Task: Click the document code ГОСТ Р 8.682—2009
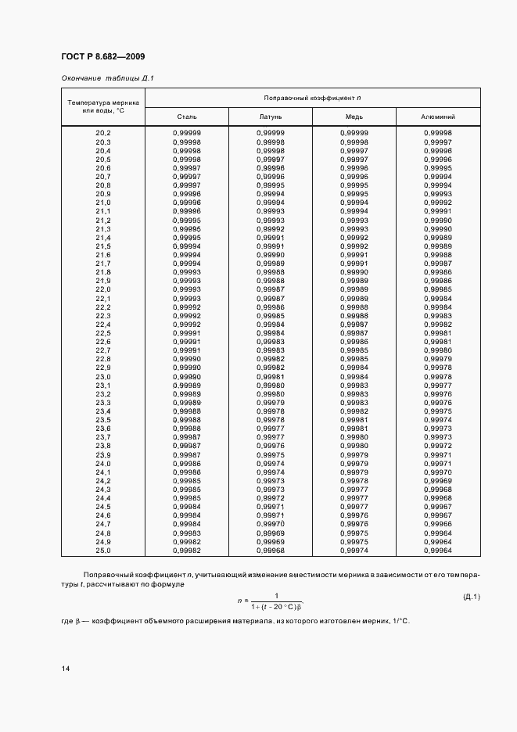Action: click(102, 56)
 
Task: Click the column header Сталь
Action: click(187, 117)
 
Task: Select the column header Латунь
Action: click(270, 117)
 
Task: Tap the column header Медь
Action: click(354, 117)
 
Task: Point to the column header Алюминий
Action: click(438, 117)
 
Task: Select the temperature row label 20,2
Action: click(103, 134)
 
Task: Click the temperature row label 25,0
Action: click(103, 550)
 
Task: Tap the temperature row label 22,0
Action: click(103, 289)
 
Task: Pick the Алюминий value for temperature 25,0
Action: click(438, 550)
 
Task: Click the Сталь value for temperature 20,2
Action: click(187, 134)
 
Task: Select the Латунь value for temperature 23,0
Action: click(270, 376)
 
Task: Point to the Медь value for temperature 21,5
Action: click(354, 246)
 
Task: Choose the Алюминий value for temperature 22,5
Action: click(438, 333)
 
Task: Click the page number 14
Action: click(65, 669)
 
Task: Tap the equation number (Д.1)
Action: click(472, 597)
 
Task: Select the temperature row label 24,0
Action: click(103, 463)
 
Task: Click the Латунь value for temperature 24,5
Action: click(270, 507)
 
